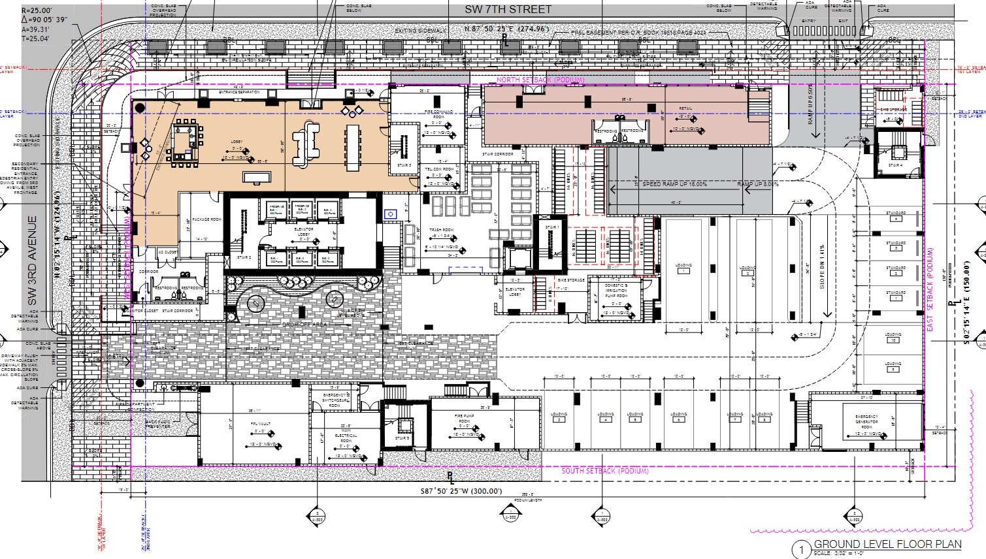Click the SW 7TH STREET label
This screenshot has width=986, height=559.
(x=508, y=9)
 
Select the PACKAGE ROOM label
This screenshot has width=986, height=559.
(x=206, y=219)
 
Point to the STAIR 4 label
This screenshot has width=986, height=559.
(x=895, y=166)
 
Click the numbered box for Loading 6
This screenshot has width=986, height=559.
(x=679, y=420)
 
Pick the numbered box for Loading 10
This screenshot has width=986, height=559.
(x=893, y=340)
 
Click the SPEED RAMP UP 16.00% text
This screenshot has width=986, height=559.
(x=674, y=184)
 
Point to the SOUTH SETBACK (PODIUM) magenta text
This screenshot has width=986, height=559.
(x=606, y=471)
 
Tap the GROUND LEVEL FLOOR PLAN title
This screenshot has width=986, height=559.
(x=887, y=544)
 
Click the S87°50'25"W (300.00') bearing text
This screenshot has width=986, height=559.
(x=461, y=491)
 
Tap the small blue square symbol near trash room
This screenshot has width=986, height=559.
(x=391, y=214)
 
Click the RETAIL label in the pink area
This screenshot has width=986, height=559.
(x=685, y=109)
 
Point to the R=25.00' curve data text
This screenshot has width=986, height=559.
(x=37, y=11)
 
